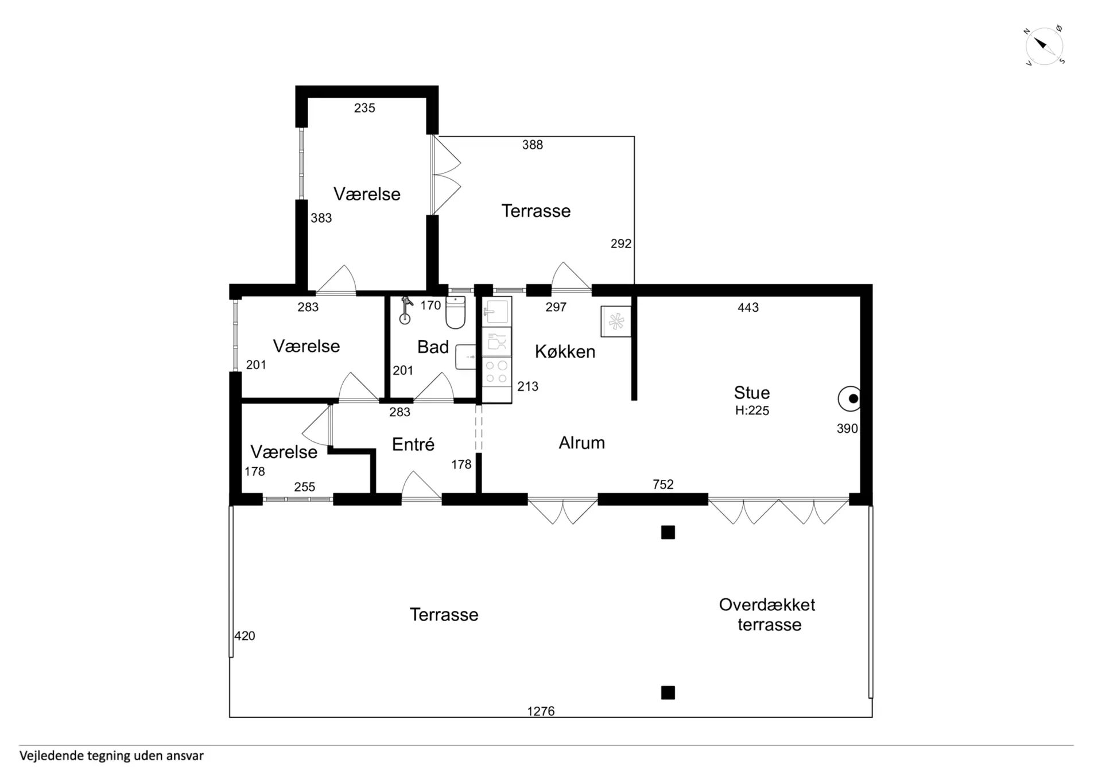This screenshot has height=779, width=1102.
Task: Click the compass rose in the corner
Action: pyautogui.click(x=1045, y=46)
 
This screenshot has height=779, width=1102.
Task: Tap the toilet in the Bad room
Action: pyautogui.click(x=456, y=313)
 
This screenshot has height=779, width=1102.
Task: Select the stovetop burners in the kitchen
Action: pyautogui.click(x=496, y=371)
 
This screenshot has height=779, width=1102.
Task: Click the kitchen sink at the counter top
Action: pyautogui.click(x=496, y=312)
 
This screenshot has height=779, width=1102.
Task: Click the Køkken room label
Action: pyautogui.click(x=565, y=351)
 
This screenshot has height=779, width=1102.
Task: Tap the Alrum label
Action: pyautogui.click(x=582, y=443)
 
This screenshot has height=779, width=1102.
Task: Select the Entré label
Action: pyautogui.click(x=413, y=444)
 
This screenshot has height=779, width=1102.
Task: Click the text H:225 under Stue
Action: pyautogui.click(x=752, y=410)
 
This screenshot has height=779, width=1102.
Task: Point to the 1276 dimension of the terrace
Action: pyautogui.click(x=541, y=711)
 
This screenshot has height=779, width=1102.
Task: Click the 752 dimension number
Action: pyautogui.click(x=663, y=485)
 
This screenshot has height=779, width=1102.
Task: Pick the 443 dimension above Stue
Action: pyautogui.click(x=748, y=308)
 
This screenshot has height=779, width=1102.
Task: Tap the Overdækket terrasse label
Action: pyautogui.click(x=767, y=614)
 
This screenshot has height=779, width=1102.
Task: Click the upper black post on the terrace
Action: pyautogui.click(x=668, y=533)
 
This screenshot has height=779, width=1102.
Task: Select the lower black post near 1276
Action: pyautogui.click(x=668, y=693)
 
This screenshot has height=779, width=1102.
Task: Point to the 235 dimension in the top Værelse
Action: pyautogui.click(x=364, y=108)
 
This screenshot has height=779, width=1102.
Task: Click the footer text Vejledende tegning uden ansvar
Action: pyautogui.click(x=111, y=756)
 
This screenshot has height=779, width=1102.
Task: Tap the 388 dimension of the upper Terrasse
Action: pyautogui.click(x=533, y=145)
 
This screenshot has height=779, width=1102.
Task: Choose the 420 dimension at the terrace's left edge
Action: pyautogui.click(x=245, y=635)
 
